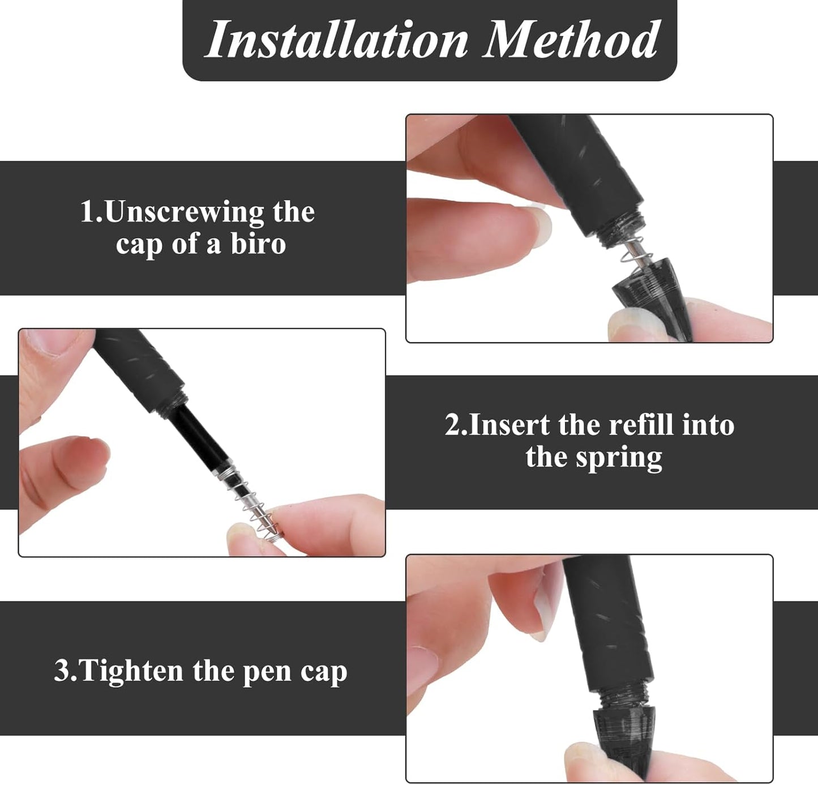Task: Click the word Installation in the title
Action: pos(337,40)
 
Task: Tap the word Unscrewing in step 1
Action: pos(185,212)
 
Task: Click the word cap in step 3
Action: pos(323,672)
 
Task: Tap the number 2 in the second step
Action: pos(453,425)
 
